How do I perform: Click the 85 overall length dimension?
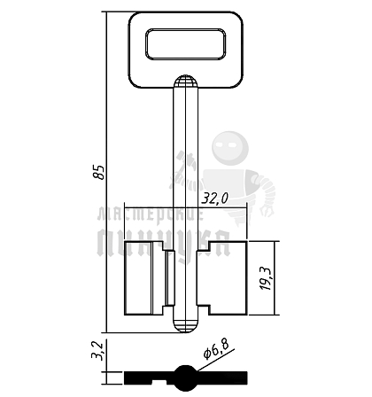click(99, 172)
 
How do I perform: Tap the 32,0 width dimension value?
click(214, 199)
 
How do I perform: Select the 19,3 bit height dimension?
click(266, 278)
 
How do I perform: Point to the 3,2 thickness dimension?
click(97, 351)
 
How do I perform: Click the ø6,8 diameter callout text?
click(217, 350)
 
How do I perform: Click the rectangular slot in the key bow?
click(186, 44)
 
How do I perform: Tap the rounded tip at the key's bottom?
click(185, 326)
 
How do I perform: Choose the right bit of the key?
click(222, 278)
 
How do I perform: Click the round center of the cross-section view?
click(185, 378)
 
